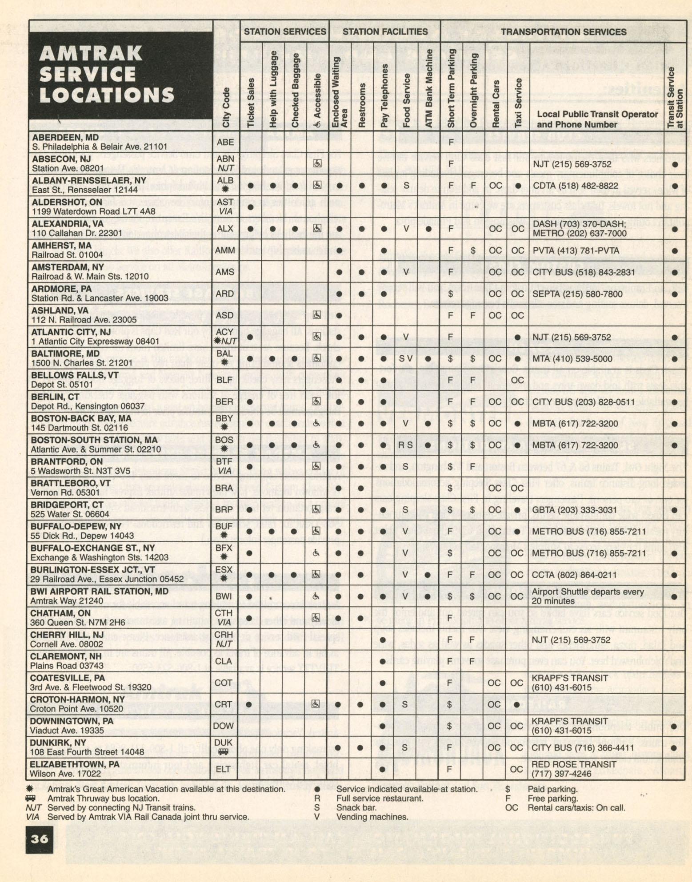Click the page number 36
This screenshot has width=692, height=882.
click(x=39, y=839)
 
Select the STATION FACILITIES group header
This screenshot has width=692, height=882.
click(x=385, y=32)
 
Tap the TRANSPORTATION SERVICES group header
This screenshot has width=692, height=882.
click(x=564, y=32)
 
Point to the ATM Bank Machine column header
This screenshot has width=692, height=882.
click(x=429, y=89)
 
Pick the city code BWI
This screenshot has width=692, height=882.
click(x=224, y=596)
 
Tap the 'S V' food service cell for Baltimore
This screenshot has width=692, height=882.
click(x=406, y=358)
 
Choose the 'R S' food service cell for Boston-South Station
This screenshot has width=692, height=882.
click(x=405, y=445)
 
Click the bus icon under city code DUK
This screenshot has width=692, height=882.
click(x=224, y=751)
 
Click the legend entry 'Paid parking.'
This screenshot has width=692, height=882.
click(x=553, y=789)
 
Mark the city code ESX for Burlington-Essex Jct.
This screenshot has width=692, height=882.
click(x=224, y=570)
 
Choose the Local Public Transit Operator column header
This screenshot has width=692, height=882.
click(x=597, y=119)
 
